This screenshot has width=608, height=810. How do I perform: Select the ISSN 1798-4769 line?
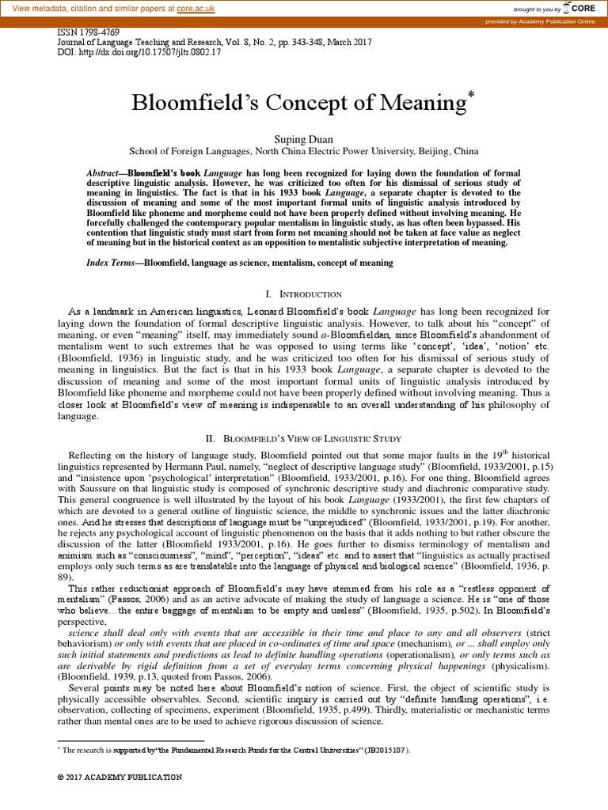(x=83, y=34)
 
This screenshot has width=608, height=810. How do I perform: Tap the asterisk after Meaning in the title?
(x=472, y=96)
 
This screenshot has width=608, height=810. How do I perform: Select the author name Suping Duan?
(x=303, y=139)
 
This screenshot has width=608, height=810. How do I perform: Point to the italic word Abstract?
(x=104, y=172)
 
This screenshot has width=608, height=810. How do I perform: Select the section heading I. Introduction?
(x=303, y=293)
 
